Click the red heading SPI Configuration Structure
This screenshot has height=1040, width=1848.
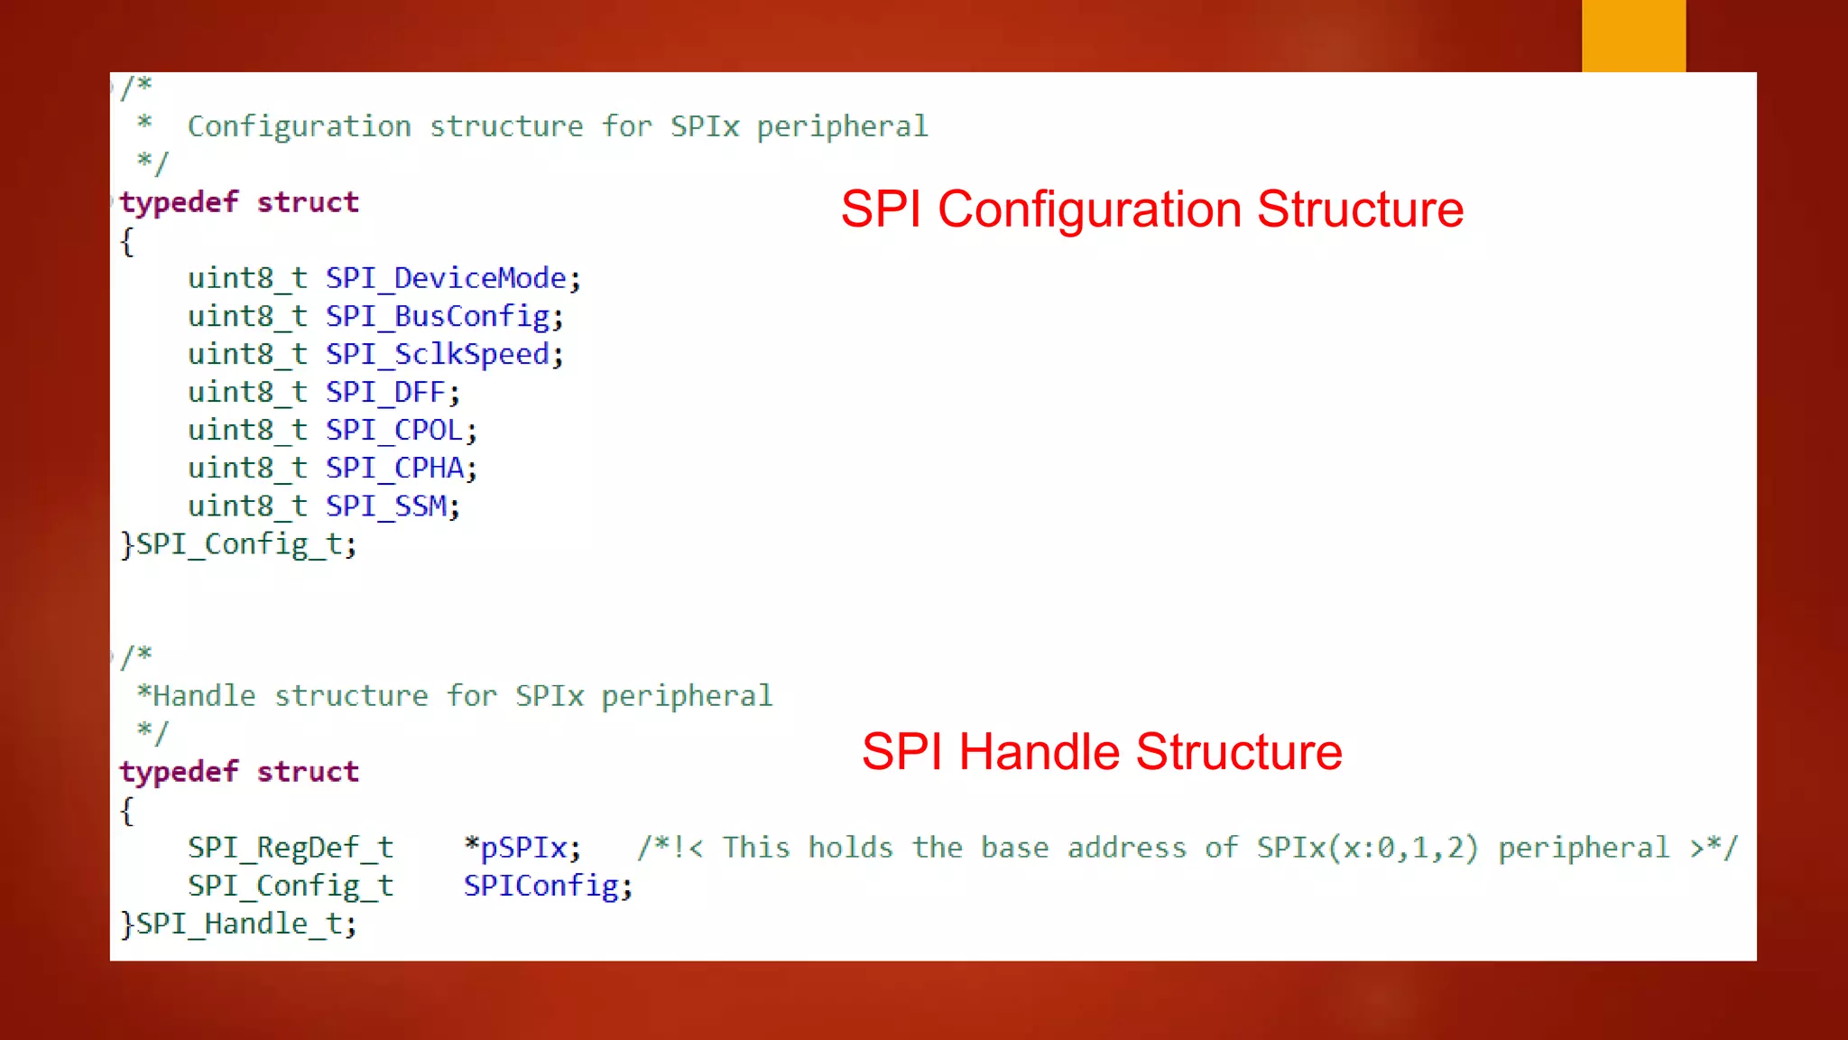tap(1151, 209)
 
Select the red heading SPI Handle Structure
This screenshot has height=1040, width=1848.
tap(1102, 752)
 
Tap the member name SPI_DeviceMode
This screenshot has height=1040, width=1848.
tap(446, 278)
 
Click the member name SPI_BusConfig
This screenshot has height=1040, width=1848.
tap(438, 316)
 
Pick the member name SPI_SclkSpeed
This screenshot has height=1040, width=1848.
tap(438, 354)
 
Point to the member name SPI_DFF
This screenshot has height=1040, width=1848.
tap(385, 393)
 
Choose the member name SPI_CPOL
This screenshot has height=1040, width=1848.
tap(394, 431)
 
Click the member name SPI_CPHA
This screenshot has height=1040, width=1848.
tap(394, 469)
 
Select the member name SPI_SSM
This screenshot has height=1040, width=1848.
tap(385, 506)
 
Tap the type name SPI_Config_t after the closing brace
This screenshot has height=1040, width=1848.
tap(239, 544)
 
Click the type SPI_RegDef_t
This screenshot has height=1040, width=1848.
tap(291, 848)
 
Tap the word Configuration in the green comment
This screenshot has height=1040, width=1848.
tap(299, 126)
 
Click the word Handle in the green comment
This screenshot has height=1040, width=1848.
tap(205, 696)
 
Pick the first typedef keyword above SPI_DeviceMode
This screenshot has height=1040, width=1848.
tap(179, 202)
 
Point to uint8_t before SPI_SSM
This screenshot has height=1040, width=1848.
tap(247, 506)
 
